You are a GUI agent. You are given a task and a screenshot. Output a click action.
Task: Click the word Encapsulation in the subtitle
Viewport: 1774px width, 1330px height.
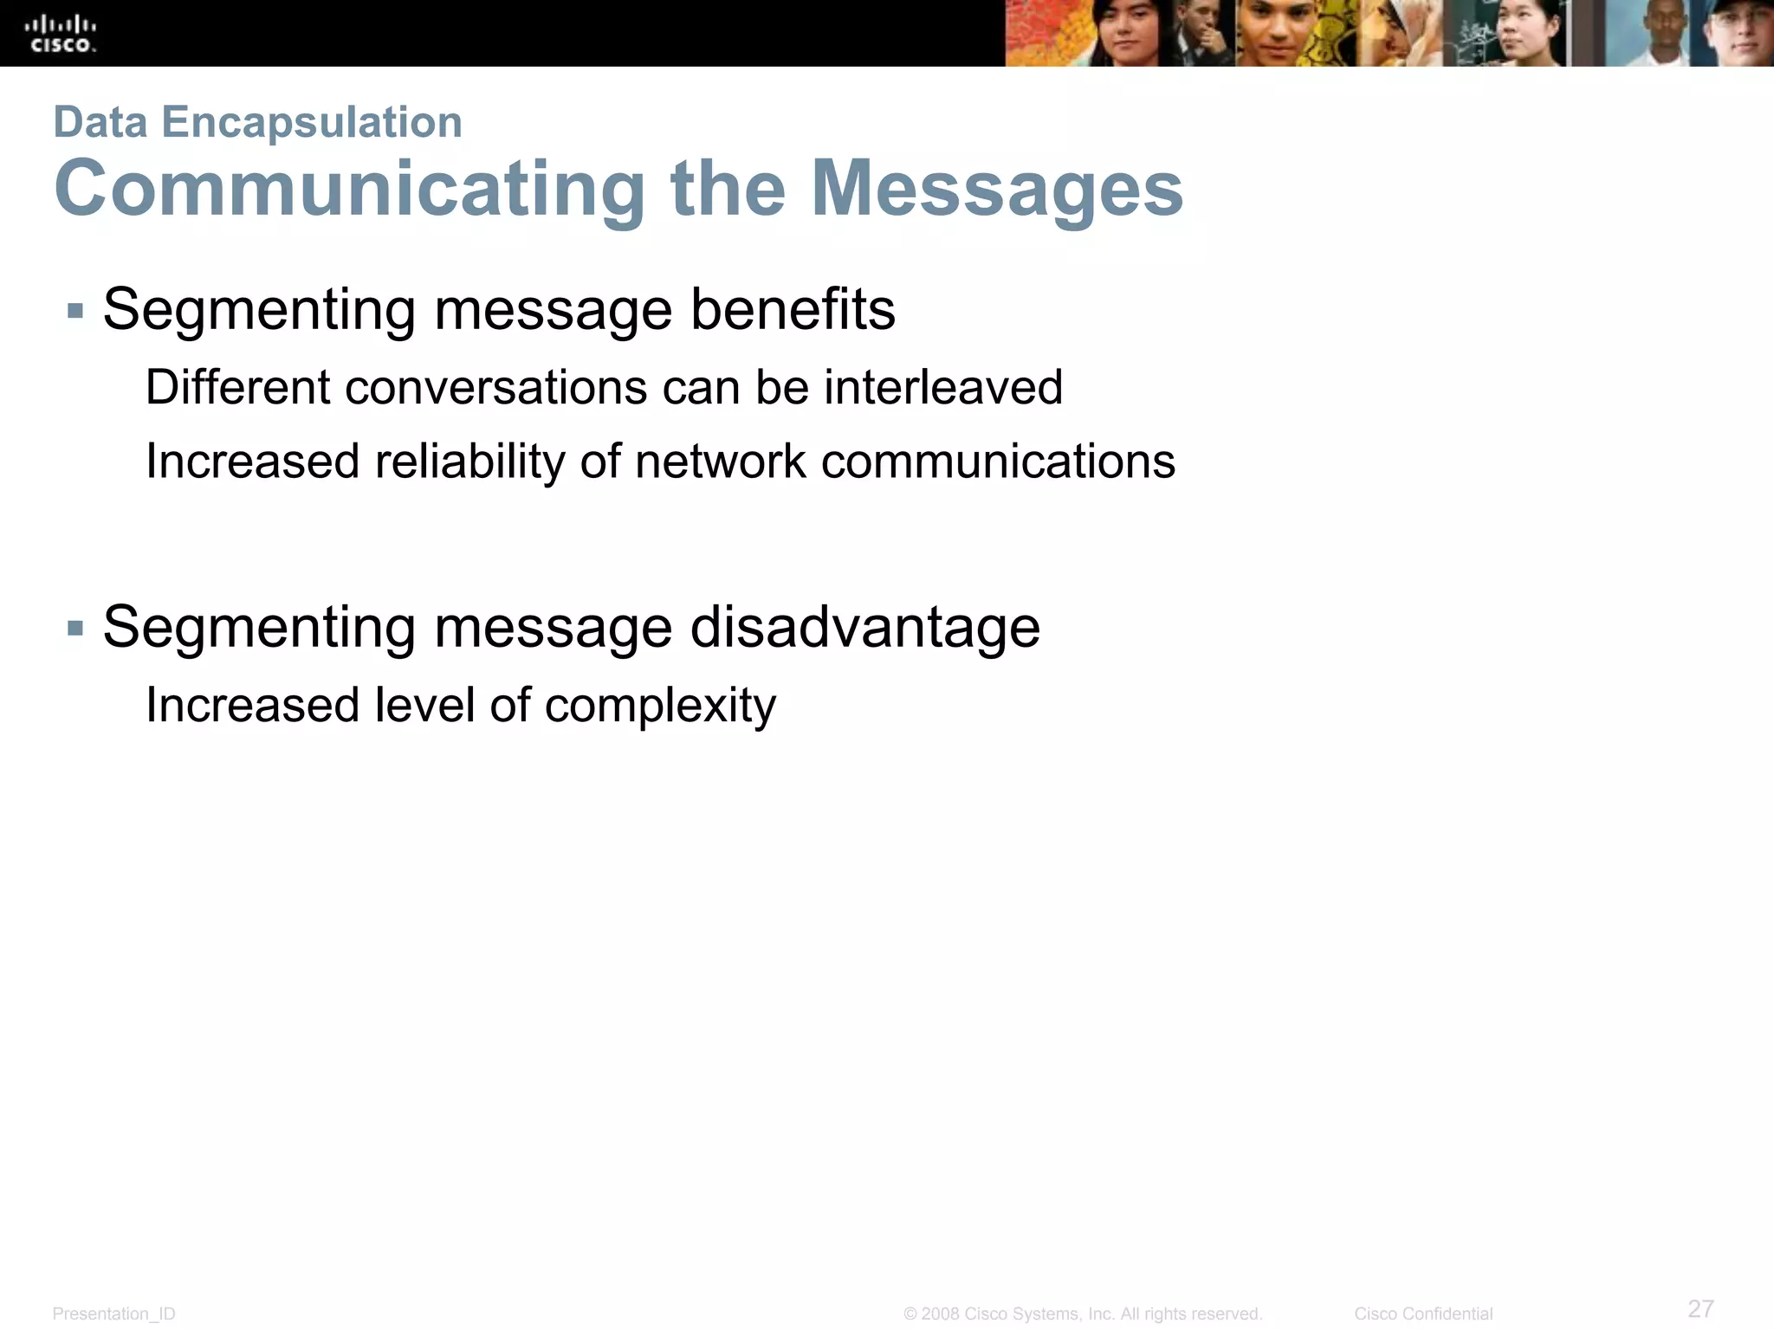pyautogui.click(x=312, y=122)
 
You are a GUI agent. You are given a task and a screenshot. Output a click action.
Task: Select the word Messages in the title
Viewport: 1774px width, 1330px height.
pyautogui.click(x=997, y=189)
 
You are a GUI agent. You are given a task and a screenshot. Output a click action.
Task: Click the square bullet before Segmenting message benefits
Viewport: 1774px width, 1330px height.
pyautogui.click(x=75, y=311)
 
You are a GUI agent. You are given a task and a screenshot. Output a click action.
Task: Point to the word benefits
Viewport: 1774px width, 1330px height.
pyautogui.click(x=793, y=309)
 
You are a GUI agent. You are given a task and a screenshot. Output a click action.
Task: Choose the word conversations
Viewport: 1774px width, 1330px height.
pyautogui.click(x=495, y=387)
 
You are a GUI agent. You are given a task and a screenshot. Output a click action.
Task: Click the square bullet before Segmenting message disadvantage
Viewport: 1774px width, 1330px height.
pyautogui.click(x=75, y=628)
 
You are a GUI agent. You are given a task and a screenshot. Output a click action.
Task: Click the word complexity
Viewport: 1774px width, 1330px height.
pyautogui.click(x=660, y=706)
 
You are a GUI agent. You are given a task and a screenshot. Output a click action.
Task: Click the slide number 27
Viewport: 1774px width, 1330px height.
pyautogui.click(x=1700, y=1308)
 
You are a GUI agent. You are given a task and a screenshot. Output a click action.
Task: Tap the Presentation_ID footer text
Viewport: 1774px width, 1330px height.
pyautogui.click(x=113, y=1314)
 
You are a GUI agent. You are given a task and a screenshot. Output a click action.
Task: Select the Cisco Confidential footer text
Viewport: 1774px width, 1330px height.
pyautogui.click(x=1423, y=1314)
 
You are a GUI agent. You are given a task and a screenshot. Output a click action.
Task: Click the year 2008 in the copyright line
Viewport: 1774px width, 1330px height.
pyautogui.click(x=940, y=1314)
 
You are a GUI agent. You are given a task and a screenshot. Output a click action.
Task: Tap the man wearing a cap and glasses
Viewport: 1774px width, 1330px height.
pyautogui.click(x=1738, y=35)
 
